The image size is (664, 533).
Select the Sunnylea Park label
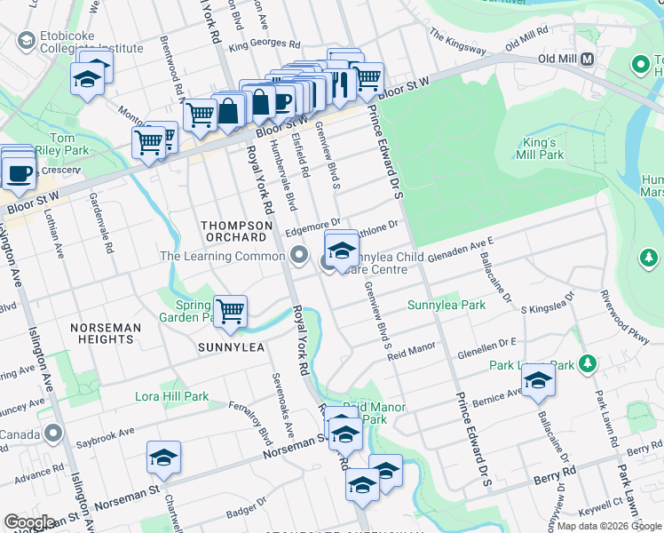(446, 305)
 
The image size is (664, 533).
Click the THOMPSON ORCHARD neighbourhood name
(233, 232)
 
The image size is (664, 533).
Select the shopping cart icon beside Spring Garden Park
(231, 312)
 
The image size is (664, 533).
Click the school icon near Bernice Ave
(538, 380)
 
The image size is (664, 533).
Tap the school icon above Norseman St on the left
(163, 457)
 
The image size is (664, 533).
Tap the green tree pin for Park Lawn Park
(586, 363)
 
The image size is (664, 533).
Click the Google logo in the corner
(29, 522)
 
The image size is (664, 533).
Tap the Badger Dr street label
(246, 513)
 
